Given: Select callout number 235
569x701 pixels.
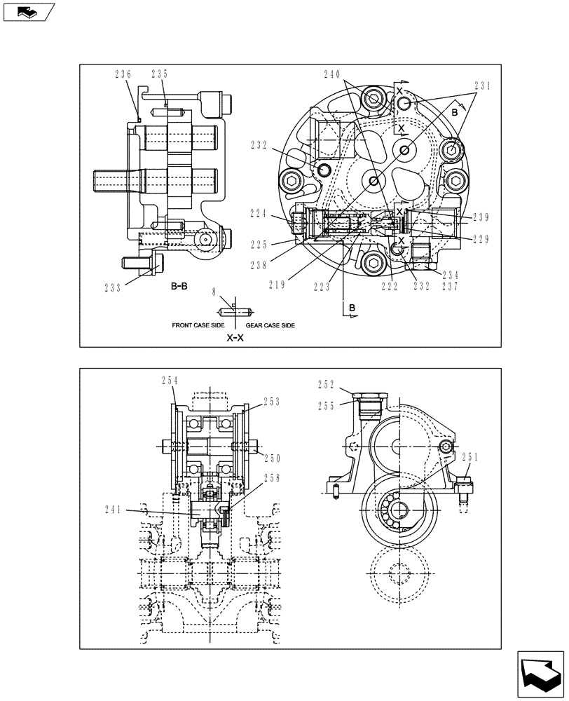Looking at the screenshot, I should pyautogui.click(x=160, y=74).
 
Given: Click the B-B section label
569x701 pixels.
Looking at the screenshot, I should pyautogui.click(x=179, y=287).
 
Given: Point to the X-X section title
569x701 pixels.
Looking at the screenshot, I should pyautogui.click(x=235, y=337).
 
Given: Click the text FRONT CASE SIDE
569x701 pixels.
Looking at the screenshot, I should pyautogui.click(x=197, y=325).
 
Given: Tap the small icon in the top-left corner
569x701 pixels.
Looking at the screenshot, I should pyautogui.click(x=28, y=12).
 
